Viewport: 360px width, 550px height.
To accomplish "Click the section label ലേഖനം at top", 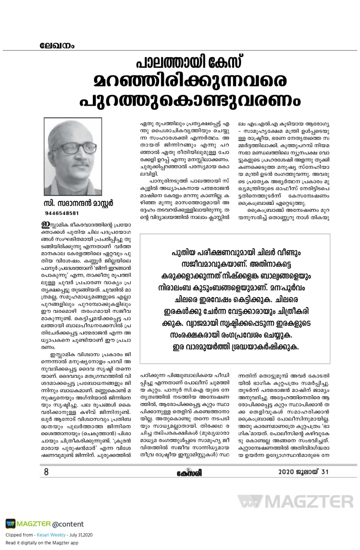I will (x=57, y=45).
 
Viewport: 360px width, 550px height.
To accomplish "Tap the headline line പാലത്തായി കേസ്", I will (x=189, y=62).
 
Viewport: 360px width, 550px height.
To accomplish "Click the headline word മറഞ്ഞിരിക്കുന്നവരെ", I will (x=190, y=81).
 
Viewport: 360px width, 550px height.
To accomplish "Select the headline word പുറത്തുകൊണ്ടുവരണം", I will (x=190, y=100).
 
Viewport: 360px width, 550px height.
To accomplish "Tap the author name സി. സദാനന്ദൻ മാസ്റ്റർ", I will (x=79, y=203).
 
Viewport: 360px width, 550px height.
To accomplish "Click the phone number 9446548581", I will (x=62, y=213).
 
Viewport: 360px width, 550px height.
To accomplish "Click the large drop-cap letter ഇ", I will (x=45, y=225).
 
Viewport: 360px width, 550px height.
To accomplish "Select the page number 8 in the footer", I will (x=46, y=472).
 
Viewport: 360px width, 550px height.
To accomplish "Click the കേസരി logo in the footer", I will (x=189, y=473).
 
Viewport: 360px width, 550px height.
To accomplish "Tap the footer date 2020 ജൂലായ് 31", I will (x=303, y=472).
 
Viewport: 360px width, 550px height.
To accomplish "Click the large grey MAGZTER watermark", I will (x=296, y=502).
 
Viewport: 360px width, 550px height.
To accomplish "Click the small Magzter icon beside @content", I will (x=10, y=524).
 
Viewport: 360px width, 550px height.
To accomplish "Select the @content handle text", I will (x=68, y=524).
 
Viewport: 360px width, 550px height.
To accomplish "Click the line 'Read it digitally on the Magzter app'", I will (x=42, y=543).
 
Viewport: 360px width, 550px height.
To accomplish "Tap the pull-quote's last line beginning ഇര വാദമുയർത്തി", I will (x=236, y=347).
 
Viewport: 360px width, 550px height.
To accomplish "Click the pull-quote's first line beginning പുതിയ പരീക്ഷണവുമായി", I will (x=236, y=253).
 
